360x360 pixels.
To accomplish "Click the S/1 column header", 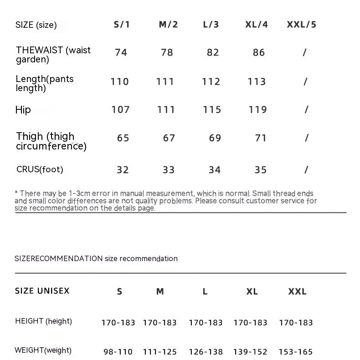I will tap(122, 25).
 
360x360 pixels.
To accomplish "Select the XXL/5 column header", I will tap(301, 25).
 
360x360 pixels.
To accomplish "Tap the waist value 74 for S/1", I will tap(121, 52).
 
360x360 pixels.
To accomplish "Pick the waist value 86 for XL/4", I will tap(259, 52).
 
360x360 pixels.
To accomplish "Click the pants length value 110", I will tap(120, 82).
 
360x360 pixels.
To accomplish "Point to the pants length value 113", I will tap(257, 82).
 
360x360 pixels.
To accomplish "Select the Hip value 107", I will tap(121, 109).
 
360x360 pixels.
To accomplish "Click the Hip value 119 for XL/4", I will tap(258, 109).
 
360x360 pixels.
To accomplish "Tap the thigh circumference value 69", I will tap(215, 138).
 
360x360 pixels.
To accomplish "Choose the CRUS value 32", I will tap(123, 170).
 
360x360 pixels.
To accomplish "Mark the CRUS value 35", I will tap(261, 170).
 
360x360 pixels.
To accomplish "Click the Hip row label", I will tap(23, 109).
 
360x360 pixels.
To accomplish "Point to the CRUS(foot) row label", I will tap(40, 170).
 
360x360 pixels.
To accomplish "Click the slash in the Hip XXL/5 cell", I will tap(306, 109).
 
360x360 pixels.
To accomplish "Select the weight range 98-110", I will tap(118, 352).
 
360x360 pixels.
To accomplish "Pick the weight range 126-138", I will tap(206, 352).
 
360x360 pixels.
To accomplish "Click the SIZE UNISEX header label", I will tap(42, 291).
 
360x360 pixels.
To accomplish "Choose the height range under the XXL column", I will tap(296, 323).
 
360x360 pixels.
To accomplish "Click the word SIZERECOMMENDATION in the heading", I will tap(59, 258).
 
